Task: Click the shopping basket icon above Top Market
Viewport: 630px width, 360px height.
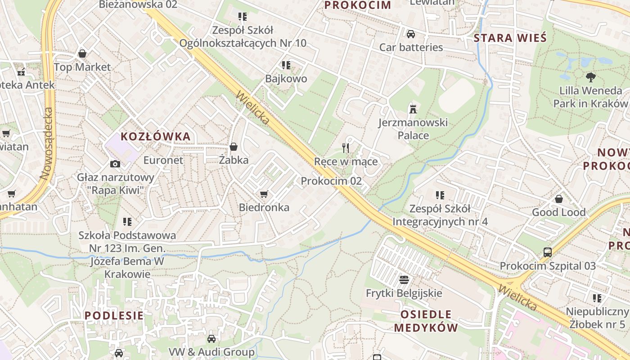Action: click(82, 54)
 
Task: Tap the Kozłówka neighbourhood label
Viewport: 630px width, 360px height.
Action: click(156, 137)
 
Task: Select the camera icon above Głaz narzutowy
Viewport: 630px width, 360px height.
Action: click(115, 164)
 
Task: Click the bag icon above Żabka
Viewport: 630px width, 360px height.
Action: click(234, 146)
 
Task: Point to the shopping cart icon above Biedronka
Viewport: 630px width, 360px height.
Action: click(264, 194)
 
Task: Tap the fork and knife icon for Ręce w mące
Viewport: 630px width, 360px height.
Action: click(346, 148)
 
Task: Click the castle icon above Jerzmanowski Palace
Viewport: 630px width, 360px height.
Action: click(413, 109)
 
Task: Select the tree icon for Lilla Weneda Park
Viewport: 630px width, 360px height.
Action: click(590, 77)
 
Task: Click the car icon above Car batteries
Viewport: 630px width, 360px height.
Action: click(410, 34)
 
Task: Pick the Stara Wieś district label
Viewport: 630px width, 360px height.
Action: click(510, 38)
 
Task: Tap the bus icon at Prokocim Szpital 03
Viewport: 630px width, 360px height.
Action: click(548, 252)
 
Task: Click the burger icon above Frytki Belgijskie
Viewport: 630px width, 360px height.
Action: click(404, 279)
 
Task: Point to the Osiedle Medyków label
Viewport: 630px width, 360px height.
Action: click(426, 321)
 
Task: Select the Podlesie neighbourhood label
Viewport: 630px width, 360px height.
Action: click(114, 315)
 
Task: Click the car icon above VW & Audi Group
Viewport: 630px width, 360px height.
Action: click(211, 338)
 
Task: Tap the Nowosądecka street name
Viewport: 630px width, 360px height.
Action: click(47, 144)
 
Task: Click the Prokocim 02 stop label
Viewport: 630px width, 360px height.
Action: click(331, 181)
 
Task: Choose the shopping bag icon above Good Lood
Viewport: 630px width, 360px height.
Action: click(559, 198)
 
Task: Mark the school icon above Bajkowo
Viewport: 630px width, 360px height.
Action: click(286, 65)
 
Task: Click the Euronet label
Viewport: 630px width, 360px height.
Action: click(163, 160)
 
